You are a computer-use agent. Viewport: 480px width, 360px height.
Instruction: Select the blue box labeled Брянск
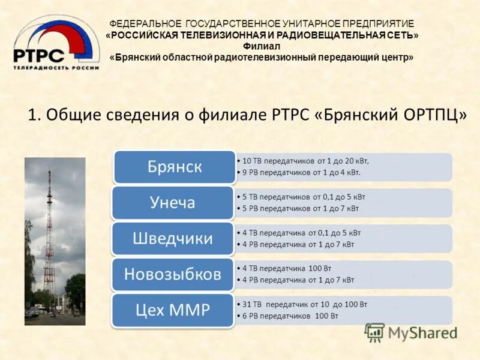coord(174,167)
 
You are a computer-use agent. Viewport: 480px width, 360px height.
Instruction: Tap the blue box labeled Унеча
coord(173,203)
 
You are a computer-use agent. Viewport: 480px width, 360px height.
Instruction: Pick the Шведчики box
coord(173,238)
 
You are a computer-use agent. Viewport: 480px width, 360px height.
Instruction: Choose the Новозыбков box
coord(173,274)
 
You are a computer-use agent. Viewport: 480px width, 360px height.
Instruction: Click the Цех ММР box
coord(173,310)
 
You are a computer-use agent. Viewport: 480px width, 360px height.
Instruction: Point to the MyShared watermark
coord(411,332)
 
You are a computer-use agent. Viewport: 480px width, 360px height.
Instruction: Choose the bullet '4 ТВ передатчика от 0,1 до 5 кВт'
coord(301,233)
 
